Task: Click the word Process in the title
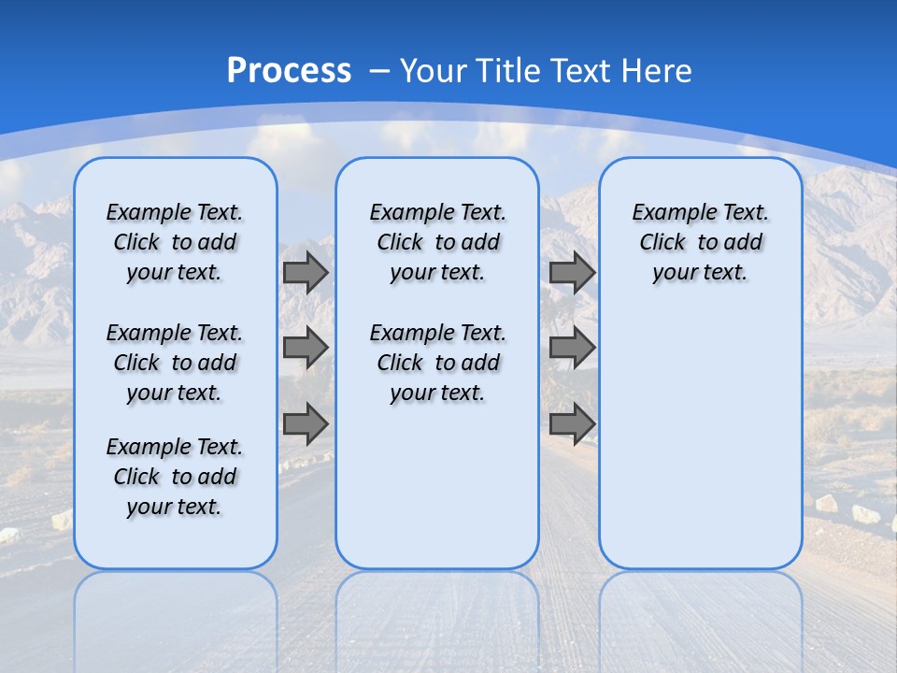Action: point(289,71)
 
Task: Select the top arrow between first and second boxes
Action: point(306,272)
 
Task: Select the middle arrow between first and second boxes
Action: point(306,348)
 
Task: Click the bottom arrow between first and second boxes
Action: point(306,423)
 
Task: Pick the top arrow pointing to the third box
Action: point(572,272)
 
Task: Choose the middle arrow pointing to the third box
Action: point(572,348)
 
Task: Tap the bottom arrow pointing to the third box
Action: point(572,423)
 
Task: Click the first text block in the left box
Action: point(175,242)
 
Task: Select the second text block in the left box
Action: point(175,363)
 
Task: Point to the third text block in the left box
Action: point(175,477)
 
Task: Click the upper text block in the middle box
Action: point(437,242)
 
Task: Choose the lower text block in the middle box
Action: point(437,363)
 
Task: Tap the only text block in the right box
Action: point(701,242)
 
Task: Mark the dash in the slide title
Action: point(380,71)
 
